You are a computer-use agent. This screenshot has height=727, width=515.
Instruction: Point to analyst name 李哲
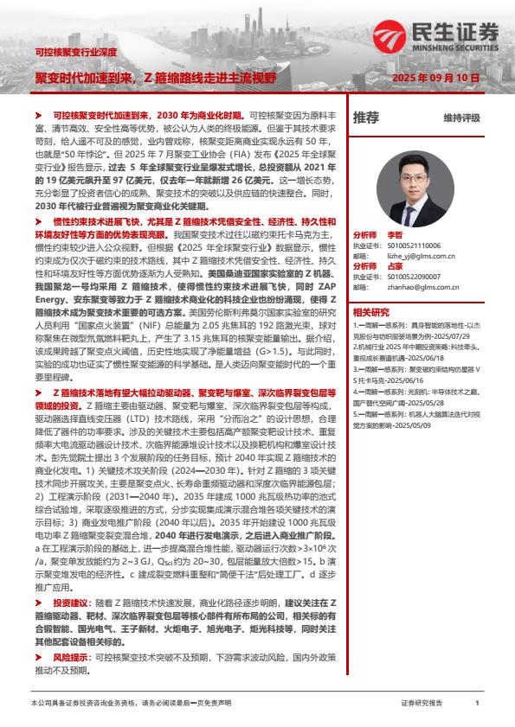(x=395, y=234)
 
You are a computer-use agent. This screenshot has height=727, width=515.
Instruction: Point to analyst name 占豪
(x=395, y=265)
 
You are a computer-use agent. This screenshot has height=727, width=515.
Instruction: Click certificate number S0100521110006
(x=414, y=245)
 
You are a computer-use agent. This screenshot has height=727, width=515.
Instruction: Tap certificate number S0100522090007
(x=414, y=276)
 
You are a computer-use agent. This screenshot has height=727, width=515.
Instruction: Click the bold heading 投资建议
(x=72, y=603)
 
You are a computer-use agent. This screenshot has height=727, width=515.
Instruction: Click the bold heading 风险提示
(x=72, y=658)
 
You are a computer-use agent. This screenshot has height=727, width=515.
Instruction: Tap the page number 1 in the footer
(x=477, y=704)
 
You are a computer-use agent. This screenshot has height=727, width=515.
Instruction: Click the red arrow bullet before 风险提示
(x=37, y=658)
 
